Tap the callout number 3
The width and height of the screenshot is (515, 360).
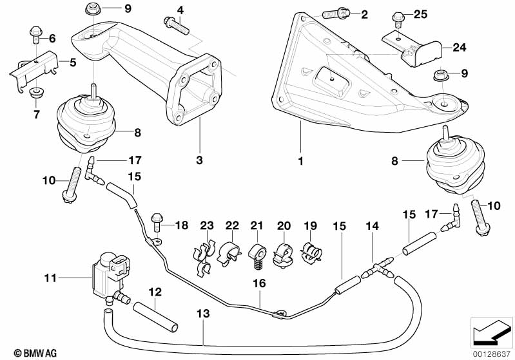(200, 158)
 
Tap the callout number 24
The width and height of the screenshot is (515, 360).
(458, 46)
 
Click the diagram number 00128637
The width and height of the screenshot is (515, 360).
(491, 352)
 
